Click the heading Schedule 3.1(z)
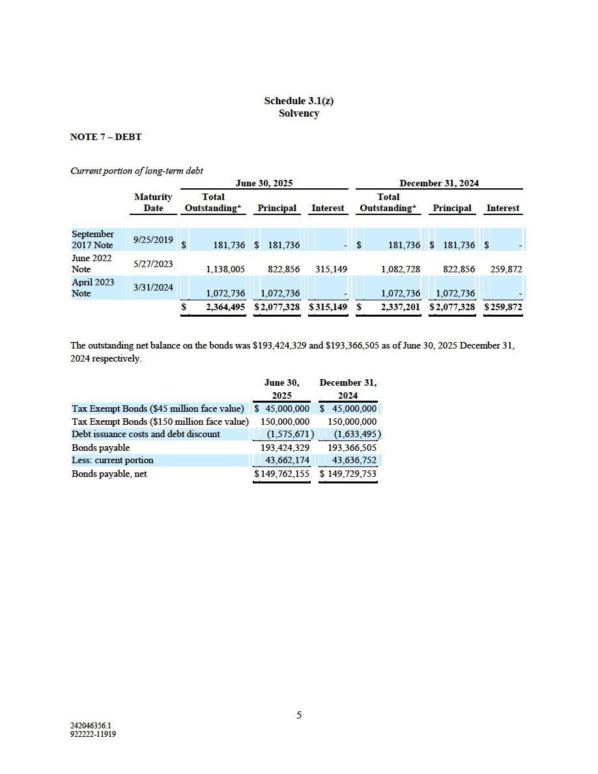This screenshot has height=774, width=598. (x=298, y=100)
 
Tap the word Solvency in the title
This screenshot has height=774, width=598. (x=298, y=113)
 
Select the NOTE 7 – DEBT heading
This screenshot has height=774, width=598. (x=106, y=137)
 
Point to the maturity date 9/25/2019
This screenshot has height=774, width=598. (x=153, y=240)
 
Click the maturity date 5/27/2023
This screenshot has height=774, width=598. (x=153, y=264)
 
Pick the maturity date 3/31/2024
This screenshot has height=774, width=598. (x=153, y=287)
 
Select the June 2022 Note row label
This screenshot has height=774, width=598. (x=91, y=263)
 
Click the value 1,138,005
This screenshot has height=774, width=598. (x=225, y=269)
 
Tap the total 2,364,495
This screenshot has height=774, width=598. (x=225, y=307)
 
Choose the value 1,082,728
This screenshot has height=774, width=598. (x=401, y=269)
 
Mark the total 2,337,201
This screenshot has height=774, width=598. (x=401, y=307)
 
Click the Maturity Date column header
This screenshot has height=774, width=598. (x=153, y=202)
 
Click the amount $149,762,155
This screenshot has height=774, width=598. (x=281, y=474)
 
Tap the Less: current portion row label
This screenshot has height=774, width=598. (x=113, y=461)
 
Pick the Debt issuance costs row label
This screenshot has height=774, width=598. (x=146, y=435)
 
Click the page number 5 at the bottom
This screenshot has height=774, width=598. (x=299, y=715)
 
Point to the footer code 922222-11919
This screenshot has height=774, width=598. (x=93, y=734)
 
